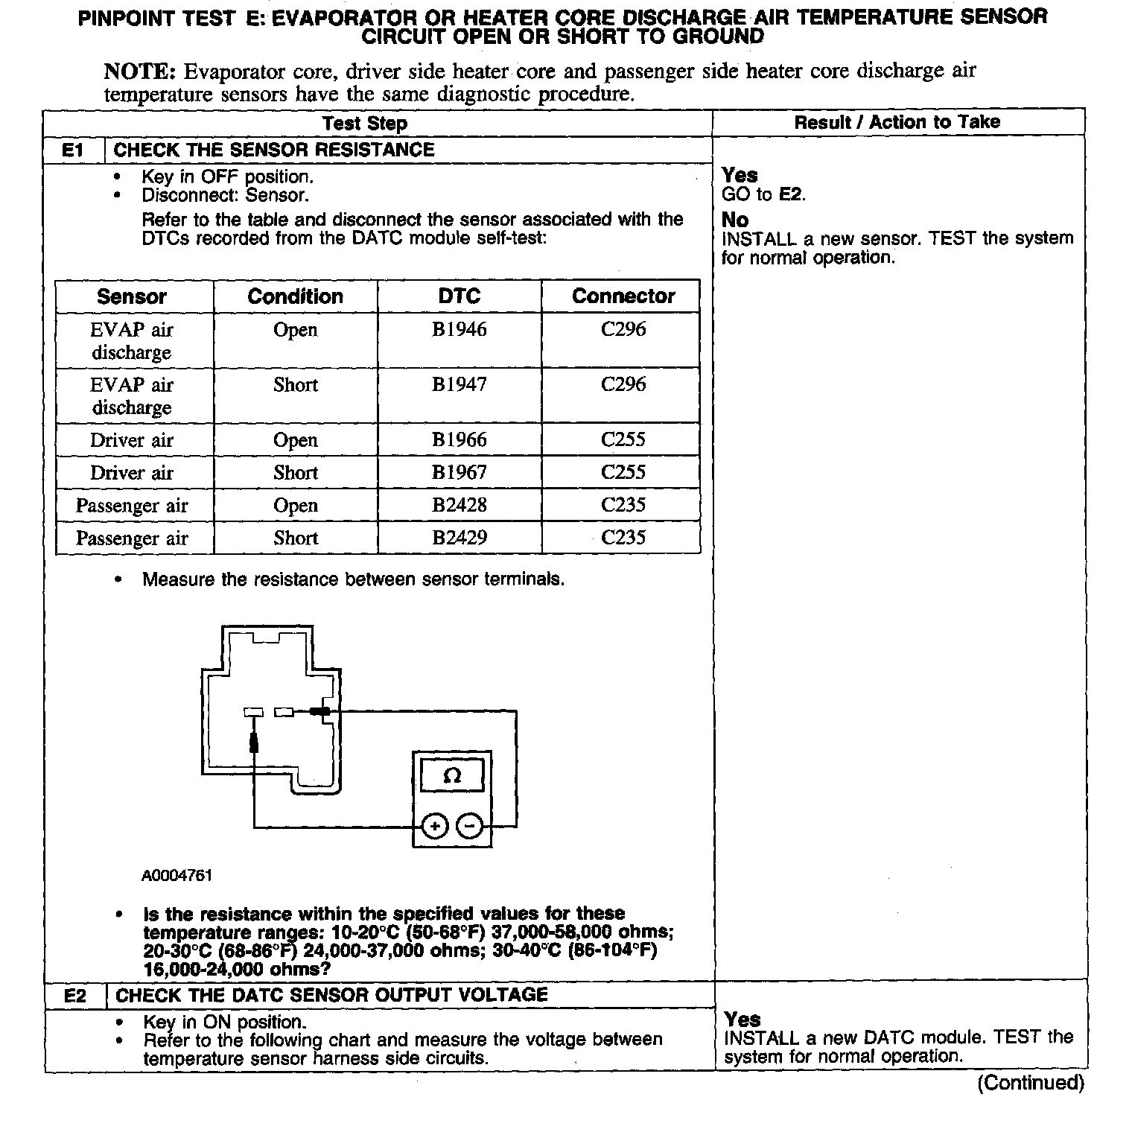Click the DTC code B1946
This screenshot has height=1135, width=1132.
pyautogui.click(x=460, y=329)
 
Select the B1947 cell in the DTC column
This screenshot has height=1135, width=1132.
pyautogui.click(x=460, y=384)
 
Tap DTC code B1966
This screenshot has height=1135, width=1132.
pyautogui.click(x=460, y=439)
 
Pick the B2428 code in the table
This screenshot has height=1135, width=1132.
pyautogui.click(x=460, y=505)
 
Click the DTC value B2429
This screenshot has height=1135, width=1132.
pyautogui.click(x=460, y=538)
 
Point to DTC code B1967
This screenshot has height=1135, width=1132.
pyautogui.click(x=460, y=472)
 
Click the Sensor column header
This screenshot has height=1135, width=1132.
pyautogui.click(x=132, y=296)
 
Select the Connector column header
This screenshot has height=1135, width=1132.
pyautogui.click(x=623, y=296)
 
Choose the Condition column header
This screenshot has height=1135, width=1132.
pyautogui.click(x=296, y=296)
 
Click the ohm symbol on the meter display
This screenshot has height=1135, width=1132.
pyautogui.click(x=452, y=777)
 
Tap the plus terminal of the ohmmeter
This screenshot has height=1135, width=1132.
pyautogui.click(x=435, y=826)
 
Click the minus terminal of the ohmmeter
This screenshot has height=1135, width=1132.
pyautogui.click(x=469, y=826)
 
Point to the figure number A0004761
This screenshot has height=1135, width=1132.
pyautogui.click(x=177, y=876)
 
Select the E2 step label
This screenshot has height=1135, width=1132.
pyautogui.click(x=76, y=996)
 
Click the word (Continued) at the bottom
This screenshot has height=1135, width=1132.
pyautogui.click(x=1031, y=1083)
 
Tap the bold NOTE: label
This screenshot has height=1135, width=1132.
pyautogui.click(x=140, y=71)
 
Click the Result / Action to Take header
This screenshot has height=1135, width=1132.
pyautogui.click(x=897, y=122)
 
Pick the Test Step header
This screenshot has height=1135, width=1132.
pyautogui.click(x=365, y=124)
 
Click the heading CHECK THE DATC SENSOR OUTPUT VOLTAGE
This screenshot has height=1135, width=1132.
pyautogui.click(x=331, y=995)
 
